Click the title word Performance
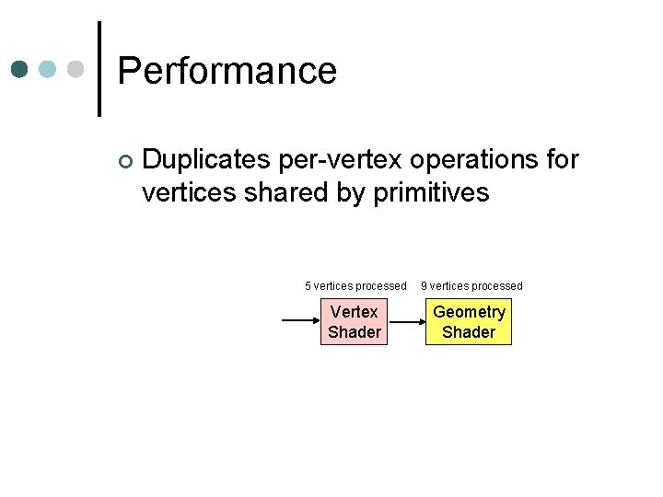[227, 71]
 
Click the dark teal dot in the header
[18, 70]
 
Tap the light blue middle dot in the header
[47, 70]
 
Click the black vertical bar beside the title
[99, 69]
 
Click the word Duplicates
[205, 160]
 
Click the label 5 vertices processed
[355, 286]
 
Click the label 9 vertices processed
[471, 286]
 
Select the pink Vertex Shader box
[355, 322]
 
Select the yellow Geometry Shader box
[469, 322]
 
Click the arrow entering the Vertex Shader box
[299, 322]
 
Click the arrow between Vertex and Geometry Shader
[405, 322]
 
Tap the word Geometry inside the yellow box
[469, 312]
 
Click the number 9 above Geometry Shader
[425, 286]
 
